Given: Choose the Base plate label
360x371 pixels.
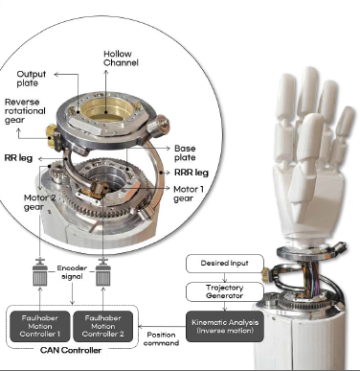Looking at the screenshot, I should pos(189,152).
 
